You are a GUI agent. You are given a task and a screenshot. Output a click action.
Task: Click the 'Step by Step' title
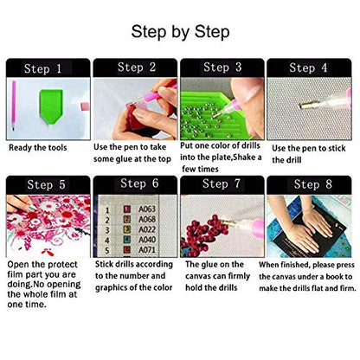(180, 32)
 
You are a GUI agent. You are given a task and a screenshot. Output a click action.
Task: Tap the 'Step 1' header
(42, 68)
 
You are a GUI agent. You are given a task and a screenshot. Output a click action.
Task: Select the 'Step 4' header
(308, 67)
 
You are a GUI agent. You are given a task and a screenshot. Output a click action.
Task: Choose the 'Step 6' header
(139, 183)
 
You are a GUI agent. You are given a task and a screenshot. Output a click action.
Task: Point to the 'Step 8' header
(313, 184)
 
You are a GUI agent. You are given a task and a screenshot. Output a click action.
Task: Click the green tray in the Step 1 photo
(51, 106)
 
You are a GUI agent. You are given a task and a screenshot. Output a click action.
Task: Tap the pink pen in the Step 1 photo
(14, 106)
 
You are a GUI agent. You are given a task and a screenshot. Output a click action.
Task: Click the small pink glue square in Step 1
(85, 106)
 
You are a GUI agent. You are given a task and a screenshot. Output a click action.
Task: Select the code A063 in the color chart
(147, 209)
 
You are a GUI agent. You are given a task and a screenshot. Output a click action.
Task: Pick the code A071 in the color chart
(147, 249)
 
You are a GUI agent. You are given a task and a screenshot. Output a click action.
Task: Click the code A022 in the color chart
(147, 229)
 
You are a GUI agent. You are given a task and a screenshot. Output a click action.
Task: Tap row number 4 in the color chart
(107, 240)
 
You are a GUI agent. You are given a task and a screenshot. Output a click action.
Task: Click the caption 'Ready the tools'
(38, 148)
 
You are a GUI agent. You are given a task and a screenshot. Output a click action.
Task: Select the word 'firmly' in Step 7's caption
(239, 276)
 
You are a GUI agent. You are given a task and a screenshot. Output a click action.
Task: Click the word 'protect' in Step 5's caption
(62, 265)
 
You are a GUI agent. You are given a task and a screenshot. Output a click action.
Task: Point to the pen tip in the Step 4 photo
(299, 106)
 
